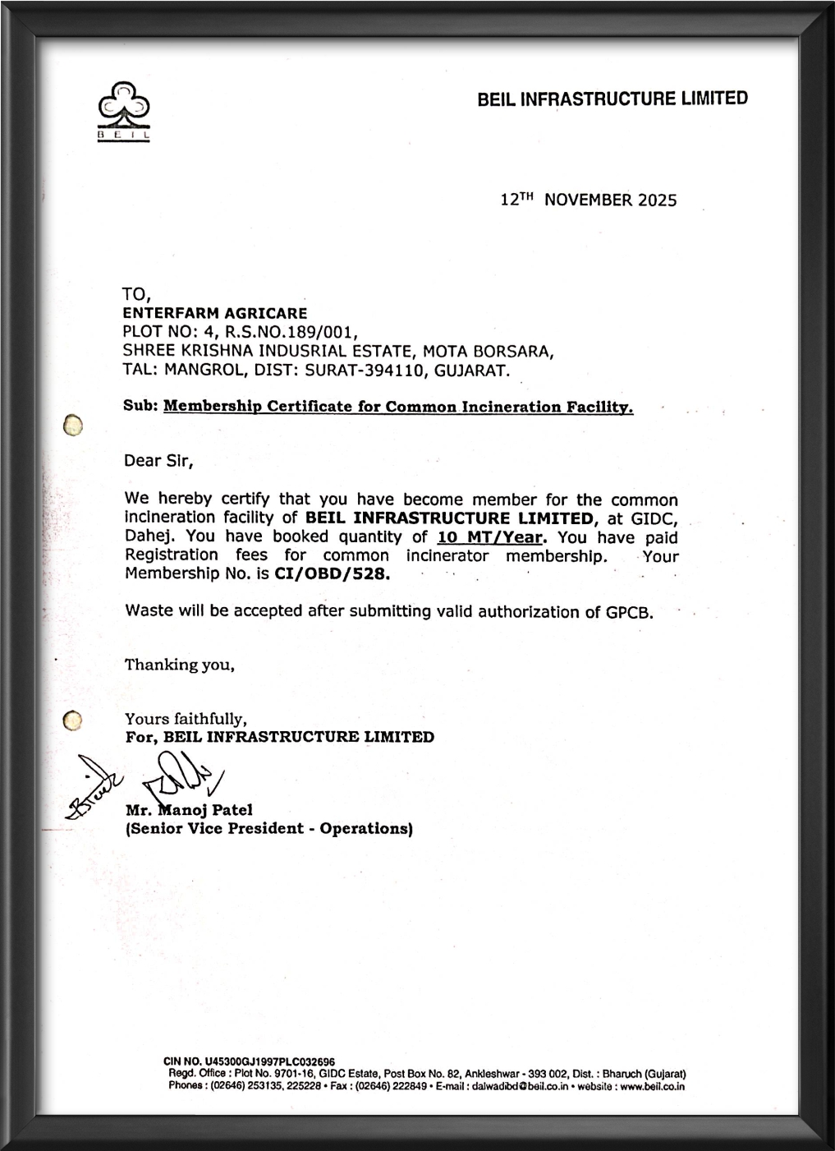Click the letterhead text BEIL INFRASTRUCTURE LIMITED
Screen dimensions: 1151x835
(x=612, y=99)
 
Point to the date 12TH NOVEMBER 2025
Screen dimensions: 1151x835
(x=589, y=200)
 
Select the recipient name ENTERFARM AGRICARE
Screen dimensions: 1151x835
(x=215, y=313)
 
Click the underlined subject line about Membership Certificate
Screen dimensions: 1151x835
(x=398, y=407)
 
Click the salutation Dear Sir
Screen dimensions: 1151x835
(x=158, y=460)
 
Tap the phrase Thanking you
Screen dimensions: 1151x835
(x=180, y=665)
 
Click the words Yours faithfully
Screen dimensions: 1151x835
(x=186, y=719)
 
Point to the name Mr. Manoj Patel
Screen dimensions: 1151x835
(x=189, y=810)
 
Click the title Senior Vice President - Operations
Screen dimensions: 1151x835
(x=268, y=828)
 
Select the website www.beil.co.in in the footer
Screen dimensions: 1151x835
(x=652, y=1086)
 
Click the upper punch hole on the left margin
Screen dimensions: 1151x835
(x=73, y=426)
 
